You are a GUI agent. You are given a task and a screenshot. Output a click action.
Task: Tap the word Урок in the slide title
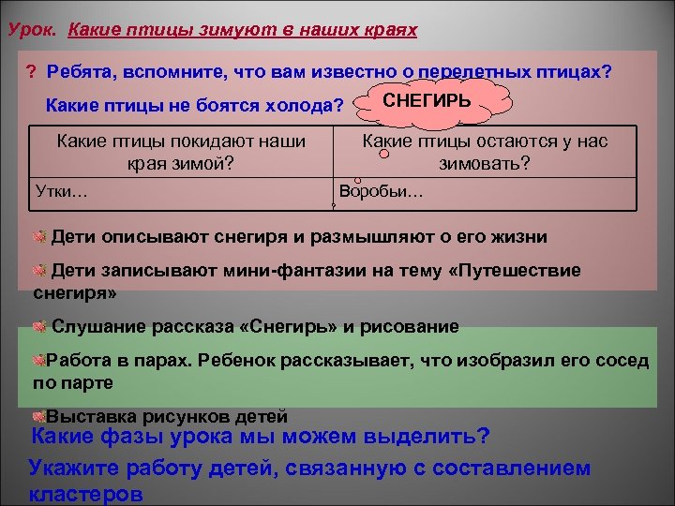pos(30,30)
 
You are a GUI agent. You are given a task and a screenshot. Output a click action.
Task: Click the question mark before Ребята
pos(31,72)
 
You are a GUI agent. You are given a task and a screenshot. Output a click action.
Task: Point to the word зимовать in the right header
pos(508,162)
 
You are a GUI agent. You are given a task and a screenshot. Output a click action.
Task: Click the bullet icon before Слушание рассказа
pos(39,326)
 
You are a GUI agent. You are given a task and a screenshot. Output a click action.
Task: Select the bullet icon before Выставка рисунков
pos(38,416)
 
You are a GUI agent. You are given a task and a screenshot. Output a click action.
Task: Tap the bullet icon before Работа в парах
pos(39,361)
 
